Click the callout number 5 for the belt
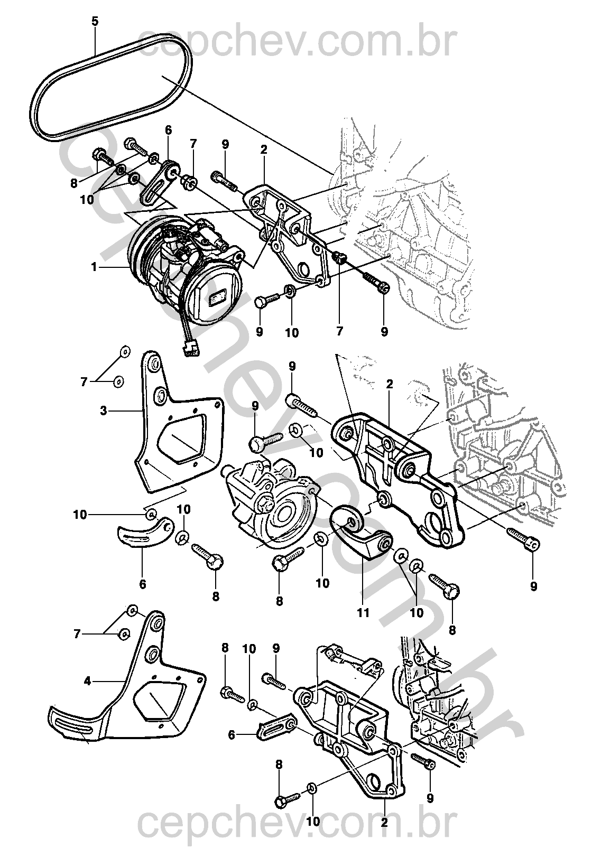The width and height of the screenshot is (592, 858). click(95, 22)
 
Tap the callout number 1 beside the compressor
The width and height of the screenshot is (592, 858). click(94, 267)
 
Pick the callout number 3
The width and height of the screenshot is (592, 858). click(104, 410)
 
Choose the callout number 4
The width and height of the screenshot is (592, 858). click(88, 682)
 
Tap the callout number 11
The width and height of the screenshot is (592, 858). click(363, 613)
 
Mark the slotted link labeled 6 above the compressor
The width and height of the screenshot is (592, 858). click(159, 182)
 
